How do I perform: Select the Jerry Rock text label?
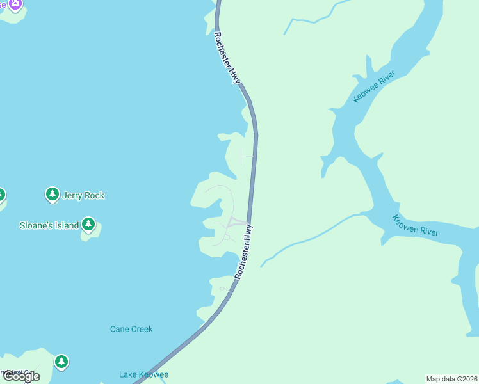point(83,195)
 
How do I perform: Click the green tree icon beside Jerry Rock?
point(53,194)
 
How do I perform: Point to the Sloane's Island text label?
point(49,225)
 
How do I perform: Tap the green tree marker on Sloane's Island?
point(88,225)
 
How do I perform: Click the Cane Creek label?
point(131,329)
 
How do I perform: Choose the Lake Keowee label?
point(143,374)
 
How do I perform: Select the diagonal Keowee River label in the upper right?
point(375,87)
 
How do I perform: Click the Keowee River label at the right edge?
point(416,225)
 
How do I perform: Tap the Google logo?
point(20,376)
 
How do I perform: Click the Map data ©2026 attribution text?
point(451,378)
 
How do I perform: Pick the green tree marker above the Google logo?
point(61,362)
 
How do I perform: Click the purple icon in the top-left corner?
point(15,4)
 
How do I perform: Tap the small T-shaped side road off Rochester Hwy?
point(243,156)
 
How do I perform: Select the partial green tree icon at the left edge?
point(1,195)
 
